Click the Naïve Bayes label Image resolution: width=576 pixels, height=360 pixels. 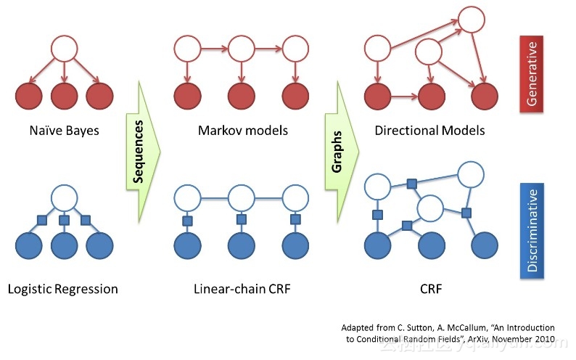[63, 131]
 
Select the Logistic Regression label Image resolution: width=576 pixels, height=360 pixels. [62, 289]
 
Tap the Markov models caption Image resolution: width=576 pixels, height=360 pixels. [242, 131]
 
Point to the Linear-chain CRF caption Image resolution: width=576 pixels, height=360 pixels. [242, 289]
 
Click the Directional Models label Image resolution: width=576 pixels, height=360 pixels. [429, 131]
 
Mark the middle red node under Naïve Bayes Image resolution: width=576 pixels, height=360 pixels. [64, 96]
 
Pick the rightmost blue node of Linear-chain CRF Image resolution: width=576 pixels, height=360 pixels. [296, 245]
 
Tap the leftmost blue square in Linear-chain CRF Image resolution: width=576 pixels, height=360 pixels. [188, 220]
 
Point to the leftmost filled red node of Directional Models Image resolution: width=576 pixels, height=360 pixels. [377, 96]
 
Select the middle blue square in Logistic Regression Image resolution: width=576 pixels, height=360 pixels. [64, 219]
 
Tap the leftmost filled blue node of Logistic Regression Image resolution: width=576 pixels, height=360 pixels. [29, 245]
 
